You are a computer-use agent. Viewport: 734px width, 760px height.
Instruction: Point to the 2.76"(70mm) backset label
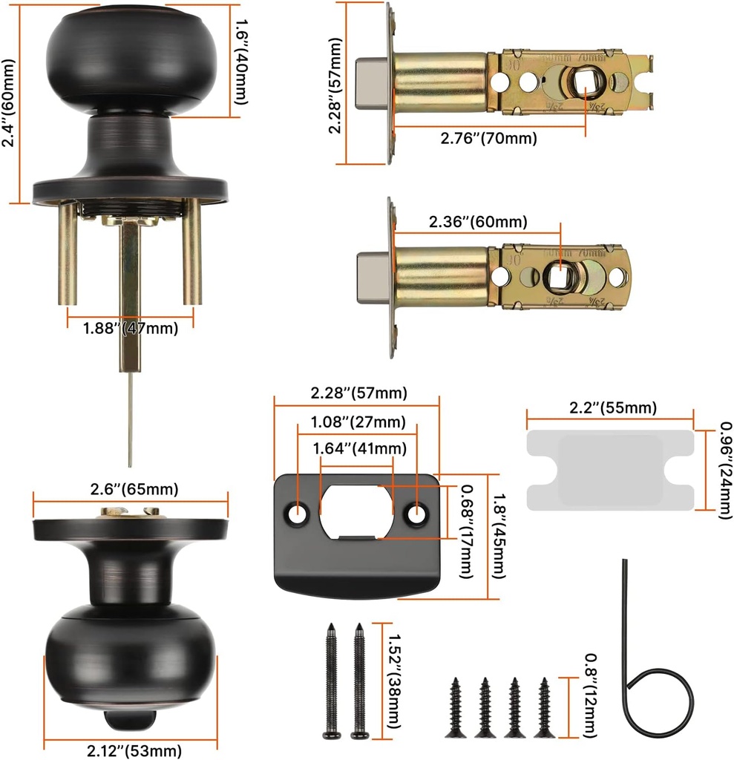pyautogui.click(x=488, y=138)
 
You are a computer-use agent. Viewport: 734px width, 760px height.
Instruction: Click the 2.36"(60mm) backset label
pyautogui.click(x=478, y=222)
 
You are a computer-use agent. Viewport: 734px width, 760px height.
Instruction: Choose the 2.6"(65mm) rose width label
pyautogui.click(x=130, y=489)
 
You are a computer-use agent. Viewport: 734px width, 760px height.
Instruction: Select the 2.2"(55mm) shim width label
pyautogui.click(x=612, y=408)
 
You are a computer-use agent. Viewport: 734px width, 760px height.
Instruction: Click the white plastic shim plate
pyautogui.click(x=610, y=470)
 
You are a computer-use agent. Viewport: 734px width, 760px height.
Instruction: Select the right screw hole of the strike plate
pyautogui.click(x=417, y=512)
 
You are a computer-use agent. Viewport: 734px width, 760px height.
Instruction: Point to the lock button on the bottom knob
pyautogui.click(x=130, y=719)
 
